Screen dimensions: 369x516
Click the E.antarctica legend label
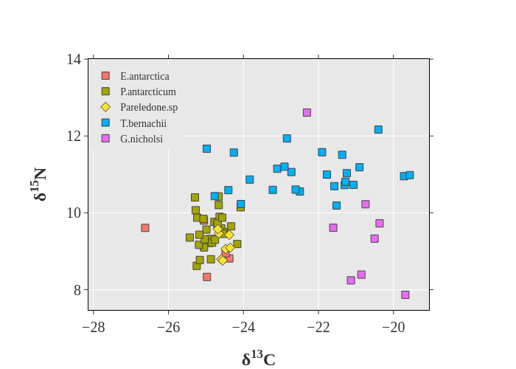144,76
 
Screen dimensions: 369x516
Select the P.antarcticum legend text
147,92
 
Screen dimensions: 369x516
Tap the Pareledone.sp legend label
149,107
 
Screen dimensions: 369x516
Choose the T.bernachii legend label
143,123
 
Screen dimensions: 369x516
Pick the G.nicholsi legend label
142,139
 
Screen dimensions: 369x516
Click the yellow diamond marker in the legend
105,107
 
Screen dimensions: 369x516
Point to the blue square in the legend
105,123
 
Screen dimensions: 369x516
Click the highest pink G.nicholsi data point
307,113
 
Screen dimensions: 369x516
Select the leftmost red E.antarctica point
145,228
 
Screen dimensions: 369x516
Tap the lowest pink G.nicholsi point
405,294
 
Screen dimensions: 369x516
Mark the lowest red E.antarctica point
207,277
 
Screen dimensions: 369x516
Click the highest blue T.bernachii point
378,129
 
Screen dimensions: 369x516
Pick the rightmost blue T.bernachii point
410,175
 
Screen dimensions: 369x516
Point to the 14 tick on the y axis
74,59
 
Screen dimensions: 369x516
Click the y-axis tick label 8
77,290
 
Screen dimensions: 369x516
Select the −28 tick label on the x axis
94,327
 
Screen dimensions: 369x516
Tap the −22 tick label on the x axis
318,327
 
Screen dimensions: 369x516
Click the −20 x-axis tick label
394,327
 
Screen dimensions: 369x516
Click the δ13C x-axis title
259,359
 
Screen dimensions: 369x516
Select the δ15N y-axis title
39,184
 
